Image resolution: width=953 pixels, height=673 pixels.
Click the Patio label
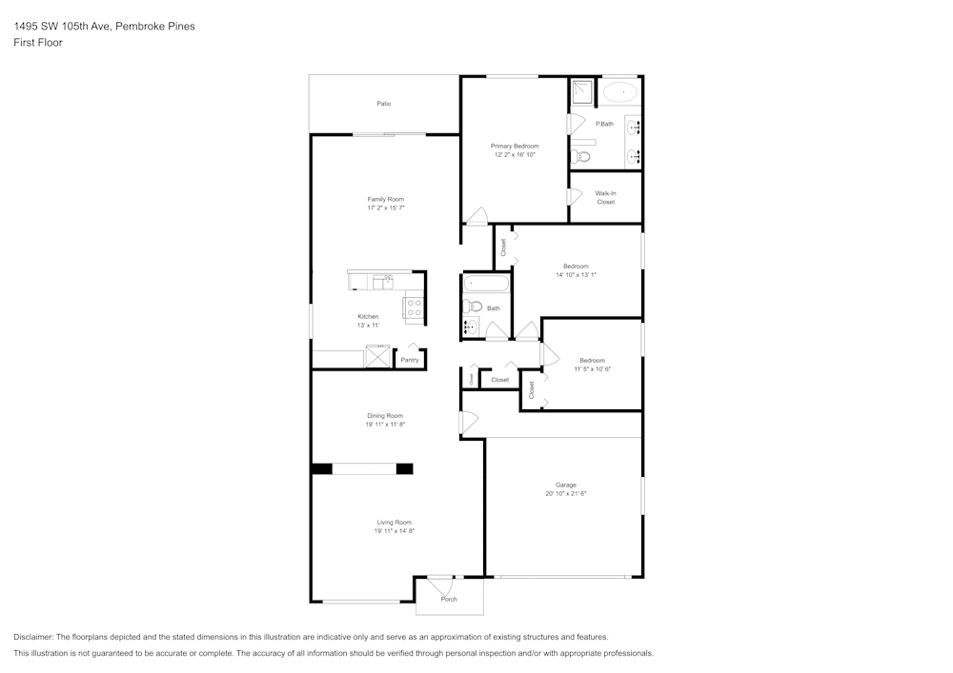coord(383,104)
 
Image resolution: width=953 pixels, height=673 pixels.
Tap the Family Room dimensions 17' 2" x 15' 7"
coord(386,208)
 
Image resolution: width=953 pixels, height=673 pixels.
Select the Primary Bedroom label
coord(515,146)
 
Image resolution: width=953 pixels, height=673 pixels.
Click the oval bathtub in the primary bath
coord(620,92)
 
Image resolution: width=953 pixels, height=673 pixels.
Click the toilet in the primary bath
coord(583,156)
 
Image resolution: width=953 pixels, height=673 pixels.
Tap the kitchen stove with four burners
coord(415,307)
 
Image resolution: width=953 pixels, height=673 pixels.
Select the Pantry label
coord(409,360)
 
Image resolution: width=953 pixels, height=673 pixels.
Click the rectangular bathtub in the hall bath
coord(486,284)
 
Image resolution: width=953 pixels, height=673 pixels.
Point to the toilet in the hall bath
coord(472,307)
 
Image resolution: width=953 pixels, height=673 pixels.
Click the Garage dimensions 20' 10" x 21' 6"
coord(566,494)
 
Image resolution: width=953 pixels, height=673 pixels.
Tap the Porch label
coord(449,599)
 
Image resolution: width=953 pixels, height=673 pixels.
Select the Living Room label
coord(394,522)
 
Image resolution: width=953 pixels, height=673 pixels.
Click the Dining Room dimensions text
coord(385,425)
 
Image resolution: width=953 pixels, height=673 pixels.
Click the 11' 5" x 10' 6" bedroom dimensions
coord(592,368)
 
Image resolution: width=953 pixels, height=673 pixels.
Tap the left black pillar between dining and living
coord(322,468)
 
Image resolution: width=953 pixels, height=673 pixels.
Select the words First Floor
coord(38,43)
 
